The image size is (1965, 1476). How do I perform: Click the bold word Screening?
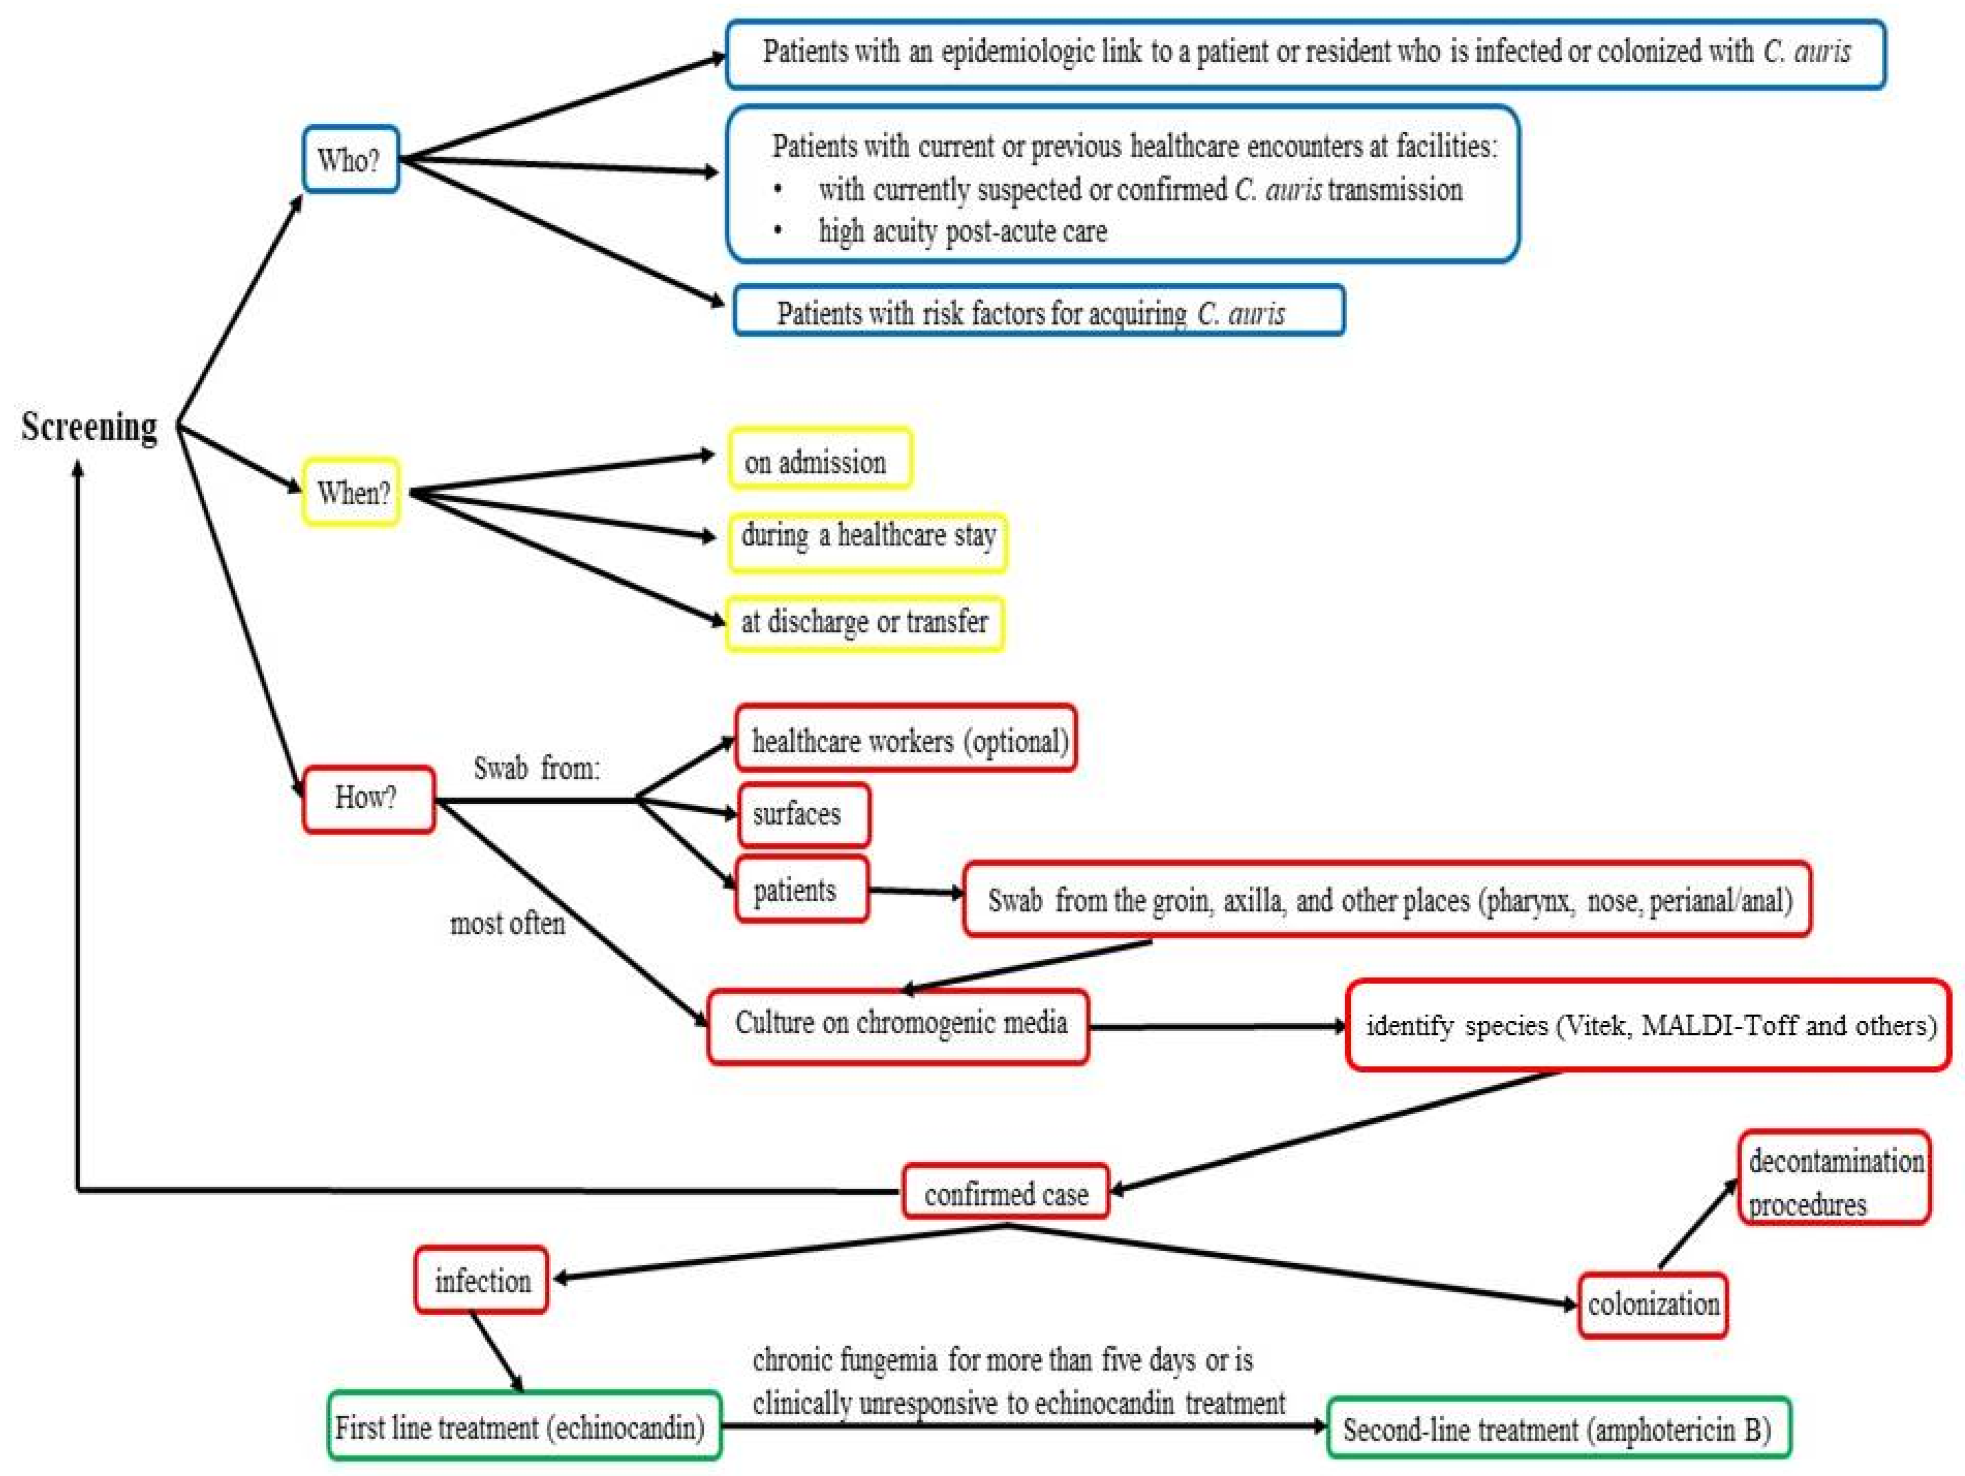point(89,427)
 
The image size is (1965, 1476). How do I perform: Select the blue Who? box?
point(350,160)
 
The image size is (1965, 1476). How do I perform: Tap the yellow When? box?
point(352,492)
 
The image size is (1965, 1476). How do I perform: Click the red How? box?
point(368,799)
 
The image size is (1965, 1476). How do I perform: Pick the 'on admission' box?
point(819,460)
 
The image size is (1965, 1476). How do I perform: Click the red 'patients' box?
point(801,890)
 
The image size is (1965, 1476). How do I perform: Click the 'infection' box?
point(481,1280)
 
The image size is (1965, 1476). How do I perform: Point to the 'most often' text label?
point(507,923)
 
